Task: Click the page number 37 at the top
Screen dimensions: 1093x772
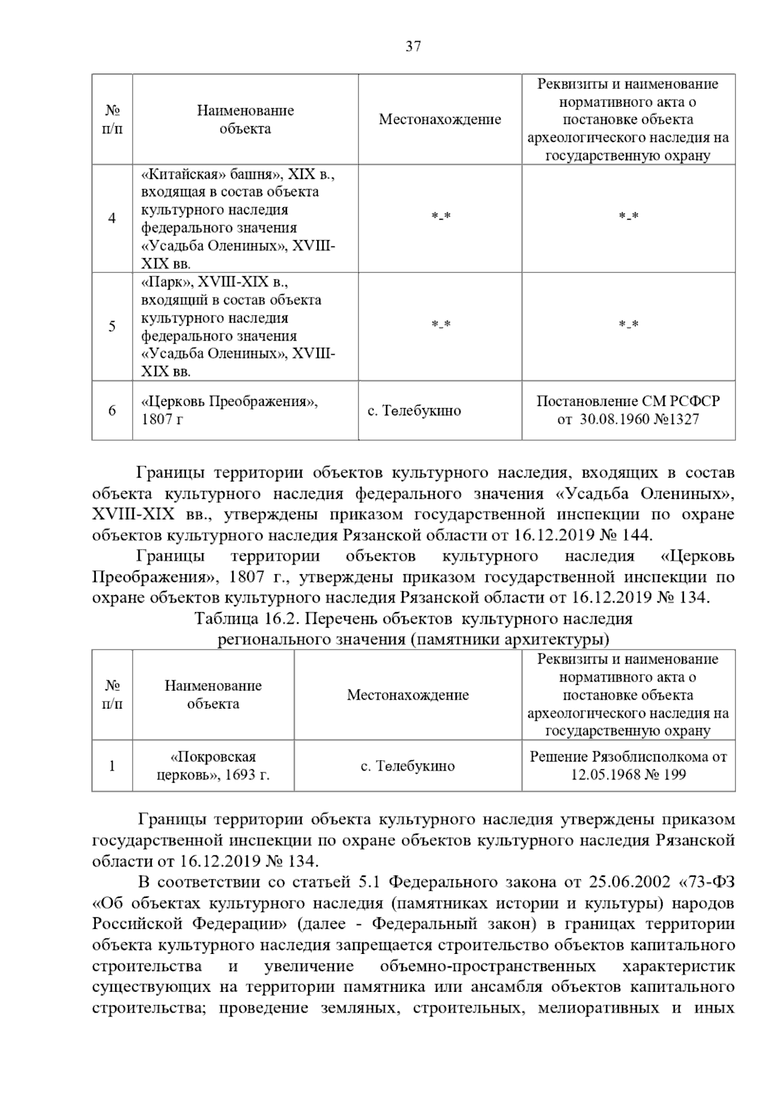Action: [x=413, y=46]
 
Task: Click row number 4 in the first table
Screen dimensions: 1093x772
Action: [x=112, y=218]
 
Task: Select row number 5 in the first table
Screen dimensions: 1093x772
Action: [x=112, y=326]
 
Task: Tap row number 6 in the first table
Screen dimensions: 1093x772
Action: [x=112, y=410]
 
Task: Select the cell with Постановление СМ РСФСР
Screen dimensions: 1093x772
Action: [x=628, y=410]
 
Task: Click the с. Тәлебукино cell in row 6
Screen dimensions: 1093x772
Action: [x=414, y=411]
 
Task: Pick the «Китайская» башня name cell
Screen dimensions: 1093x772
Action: [x=238, y=218]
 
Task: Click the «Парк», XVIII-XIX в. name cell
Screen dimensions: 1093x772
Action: [x=238, y=326]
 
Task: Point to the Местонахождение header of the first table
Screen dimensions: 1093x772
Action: [x=439, y=120]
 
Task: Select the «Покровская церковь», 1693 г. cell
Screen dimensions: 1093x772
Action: [x=213, y=765]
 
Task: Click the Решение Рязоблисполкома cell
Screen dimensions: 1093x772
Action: [x=628, y=765]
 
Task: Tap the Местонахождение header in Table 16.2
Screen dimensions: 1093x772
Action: [x=408, y=695]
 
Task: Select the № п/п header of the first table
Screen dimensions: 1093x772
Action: [x=112, y=120]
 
